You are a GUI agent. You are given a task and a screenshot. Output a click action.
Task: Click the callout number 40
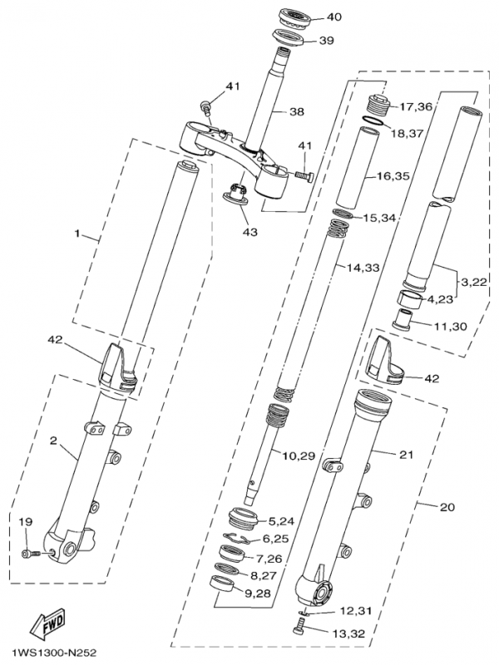(333, 17)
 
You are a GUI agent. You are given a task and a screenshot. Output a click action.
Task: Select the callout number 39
(327, 41)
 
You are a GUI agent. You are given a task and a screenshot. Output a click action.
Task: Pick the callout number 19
(26, 521)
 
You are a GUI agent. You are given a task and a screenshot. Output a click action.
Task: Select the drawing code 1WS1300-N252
(53, 652)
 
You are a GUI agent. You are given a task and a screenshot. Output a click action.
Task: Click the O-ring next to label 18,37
(375, 122)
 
